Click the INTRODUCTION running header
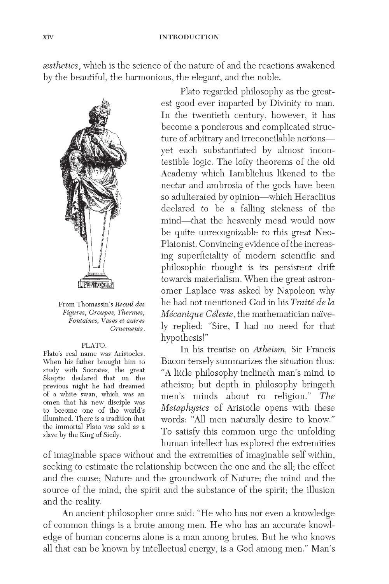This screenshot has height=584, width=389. tap(189, 37)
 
